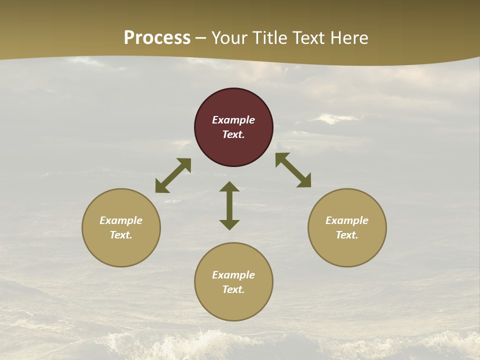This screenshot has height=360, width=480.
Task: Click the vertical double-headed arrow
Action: click(229, 205)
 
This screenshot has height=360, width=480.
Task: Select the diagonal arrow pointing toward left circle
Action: click(173, 175)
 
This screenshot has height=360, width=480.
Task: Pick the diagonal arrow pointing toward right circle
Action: click(293, 170)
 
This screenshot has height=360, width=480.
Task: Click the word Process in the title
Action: click(157, 37)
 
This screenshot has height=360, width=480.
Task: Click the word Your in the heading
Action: click(230, 37)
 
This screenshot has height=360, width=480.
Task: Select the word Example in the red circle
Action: click(233, 120)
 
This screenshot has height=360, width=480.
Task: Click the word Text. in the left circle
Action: click(121, 235)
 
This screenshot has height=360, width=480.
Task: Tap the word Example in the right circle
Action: click(347, 220)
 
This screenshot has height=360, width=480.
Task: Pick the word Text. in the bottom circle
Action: click(233, 289)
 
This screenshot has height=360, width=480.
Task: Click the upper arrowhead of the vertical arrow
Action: click(229, 186)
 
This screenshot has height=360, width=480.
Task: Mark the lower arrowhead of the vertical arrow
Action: click(229, 224)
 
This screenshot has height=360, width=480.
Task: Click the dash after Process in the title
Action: click(201, 38)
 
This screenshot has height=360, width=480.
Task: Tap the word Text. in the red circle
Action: click(233, 134)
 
